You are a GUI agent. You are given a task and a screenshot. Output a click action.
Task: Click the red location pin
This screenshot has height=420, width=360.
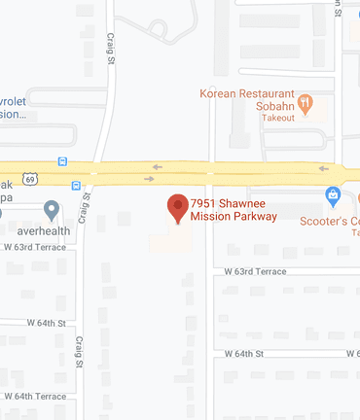tap(177, 208)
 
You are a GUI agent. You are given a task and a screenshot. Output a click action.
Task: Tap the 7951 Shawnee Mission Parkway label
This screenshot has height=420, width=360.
tap(234, 209)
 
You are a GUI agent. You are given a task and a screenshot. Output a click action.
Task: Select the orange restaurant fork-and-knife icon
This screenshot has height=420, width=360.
tap(306, 101)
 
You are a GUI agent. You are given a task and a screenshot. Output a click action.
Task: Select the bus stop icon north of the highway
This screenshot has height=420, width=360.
tap(63, 161)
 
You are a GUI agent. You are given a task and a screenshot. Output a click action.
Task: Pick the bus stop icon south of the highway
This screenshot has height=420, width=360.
tap(76, 184)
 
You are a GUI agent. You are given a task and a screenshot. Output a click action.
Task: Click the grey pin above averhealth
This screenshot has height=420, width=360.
tap(53, 209)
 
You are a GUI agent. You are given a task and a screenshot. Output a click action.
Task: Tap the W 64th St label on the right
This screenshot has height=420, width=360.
tap(245, 354)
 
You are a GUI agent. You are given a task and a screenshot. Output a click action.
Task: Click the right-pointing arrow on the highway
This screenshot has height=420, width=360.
tap(150, 179)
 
